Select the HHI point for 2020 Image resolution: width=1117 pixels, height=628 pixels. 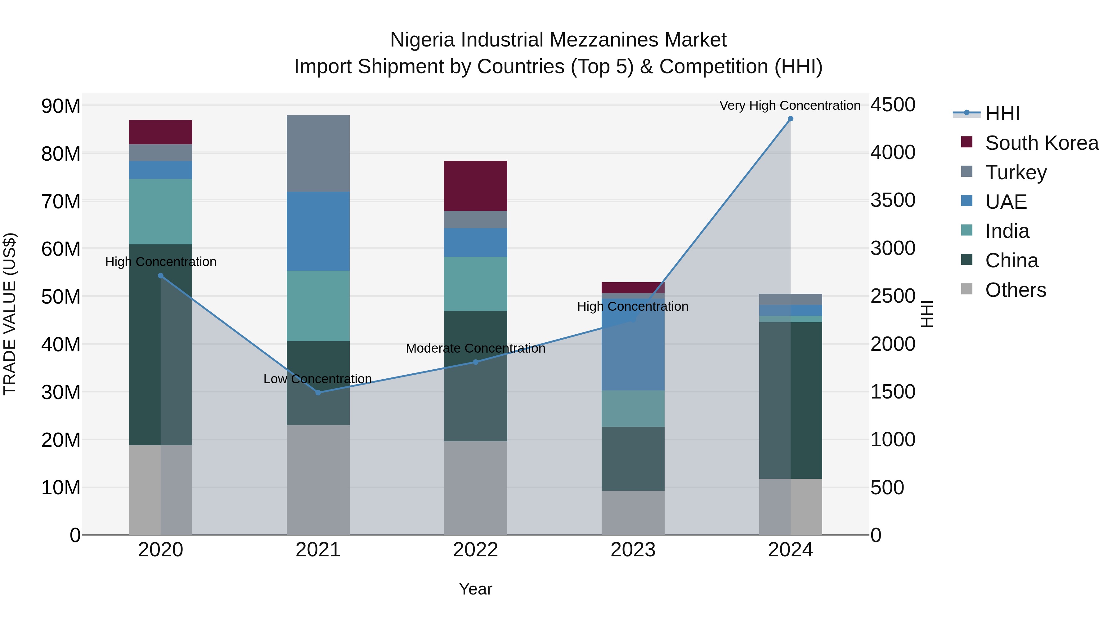pyautogui.click(x=160, y=276)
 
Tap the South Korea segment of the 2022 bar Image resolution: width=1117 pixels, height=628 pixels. pyautogui.click(x=475, y=186)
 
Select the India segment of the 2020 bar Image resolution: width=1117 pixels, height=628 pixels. pyautogui.click(x=160, y=212)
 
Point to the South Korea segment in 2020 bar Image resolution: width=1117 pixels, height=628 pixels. pyautogui.click(x=160, y=132)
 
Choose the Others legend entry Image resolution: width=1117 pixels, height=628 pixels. pyautogui.click(x=1015, y=290)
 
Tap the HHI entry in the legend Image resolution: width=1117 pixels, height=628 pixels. pyautogui.click(x=1002, y=114)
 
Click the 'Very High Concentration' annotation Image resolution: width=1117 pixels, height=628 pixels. pyautogui.click(x=790, y=105)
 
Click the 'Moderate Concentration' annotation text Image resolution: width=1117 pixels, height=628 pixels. pyautogui.click(x=475, y=349)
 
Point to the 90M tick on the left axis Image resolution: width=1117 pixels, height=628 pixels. pyautogui.click(x=61, y=106)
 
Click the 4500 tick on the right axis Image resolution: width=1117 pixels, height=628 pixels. pyautogui.click(x=892, y=105)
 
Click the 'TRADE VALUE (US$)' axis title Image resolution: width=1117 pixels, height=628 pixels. pyautogui.click(x=10, y=314)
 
